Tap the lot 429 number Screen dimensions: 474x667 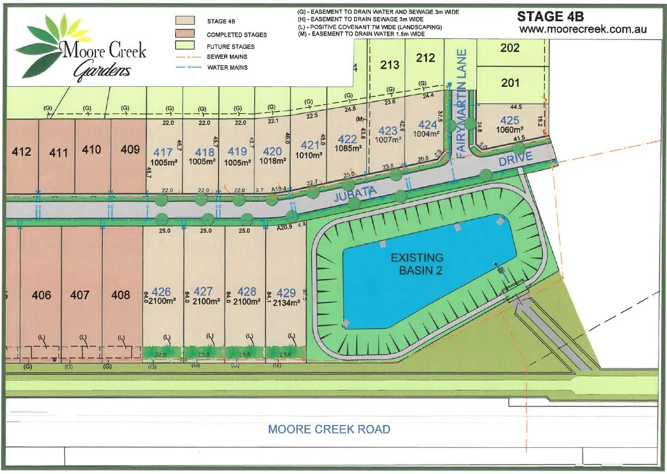[x=286, y=292]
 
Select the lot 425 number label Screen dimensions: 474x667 [x=510, y=121]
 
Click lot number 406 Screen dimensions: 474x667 [x=42, y=295]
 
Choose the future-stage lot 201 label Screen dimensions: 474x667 [x=510, y=83]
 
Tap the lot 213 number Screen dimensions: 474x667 [x=390, y=64]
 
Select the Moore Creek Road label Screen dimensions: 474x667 [x=329, y=429]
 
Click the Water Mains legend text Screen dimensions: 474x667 [x=227, y=68]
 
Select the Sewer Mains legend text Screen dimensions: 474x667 [x=227, y=57]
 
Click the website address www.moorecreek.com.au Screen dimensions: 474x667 [x=583, y=29]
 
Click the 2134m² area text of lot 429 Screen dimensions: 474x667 [x=286, y=302]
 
